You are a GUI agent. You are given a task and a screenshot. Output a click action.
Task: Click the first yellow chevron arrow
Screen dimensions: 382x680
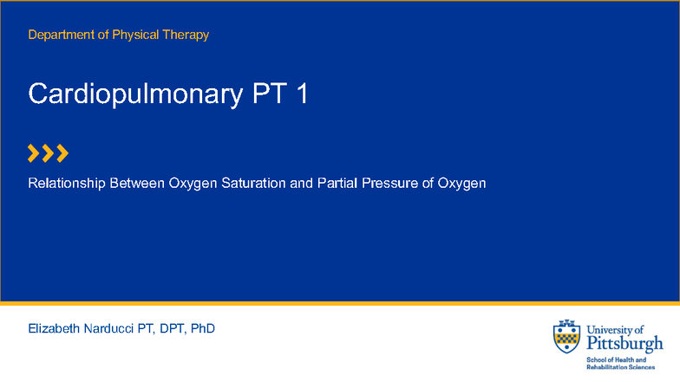[x=34, y=154]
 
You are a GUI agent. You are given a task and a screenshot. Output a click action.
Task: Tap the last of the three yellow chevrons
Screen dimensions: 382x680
[x=62, y=154]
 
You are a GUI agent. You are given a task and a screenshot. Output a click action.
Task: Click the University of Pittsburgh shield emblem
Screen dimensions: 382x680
[x=567, y=337]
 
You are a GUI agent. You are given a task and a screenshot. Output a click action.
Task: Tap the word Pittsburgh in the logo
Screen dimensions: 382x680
[x=624, y=344]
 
